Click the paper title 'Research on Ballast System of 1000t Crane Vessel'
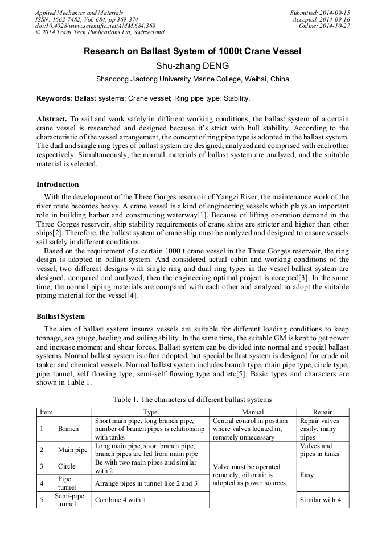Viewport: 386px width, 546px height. [x=192, y=51]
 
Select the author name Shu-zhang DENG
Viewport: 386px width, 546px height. [x=192, y=65]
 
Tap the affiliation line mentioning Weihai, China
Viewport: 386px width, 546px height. [x=192, y=79]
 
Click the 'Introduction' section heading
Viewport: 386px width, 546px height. [x=58, y=184]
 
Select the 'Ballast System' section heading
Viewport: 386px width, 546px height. [x=60, y=316]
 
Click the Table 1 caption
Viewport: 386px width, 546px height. [x=192, y=400]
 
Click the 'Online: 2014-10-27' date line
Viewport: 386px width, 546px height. [x=325, y=26]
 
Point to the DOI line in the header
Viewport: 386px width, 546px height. [x=95, y=26]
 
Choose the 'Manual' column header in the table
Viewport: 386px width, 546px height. [x=252, y=412]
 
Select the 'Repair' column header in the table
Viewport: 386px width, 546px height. [x=322, y=412]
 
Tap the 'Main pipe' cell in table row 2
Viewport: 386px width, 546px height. [x=73, y=450]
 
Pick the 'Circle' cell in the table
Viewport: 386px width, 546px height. [x=67, y=466]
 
